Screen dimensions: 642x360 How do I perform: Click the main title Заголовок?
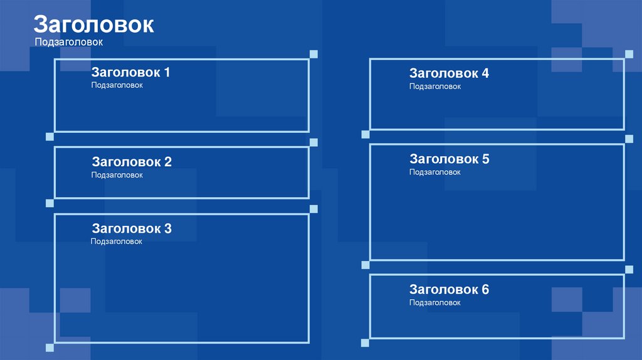tap(93, 24)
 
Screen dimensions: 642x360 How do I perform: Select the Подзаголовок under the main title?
tap(68, 42)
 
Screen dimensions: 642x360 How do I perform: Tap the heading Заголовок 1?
tap(130, 72)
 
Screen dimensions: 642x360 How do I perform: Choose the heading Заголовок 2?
tap(132, 162)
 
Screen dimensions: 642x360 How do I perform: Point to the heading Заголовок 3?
tap(132, 229)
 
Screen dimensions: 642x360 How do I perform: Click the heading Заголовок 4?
tap(449, 73)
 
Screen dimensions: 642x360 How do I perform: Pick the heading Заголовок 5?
tap(449, 159)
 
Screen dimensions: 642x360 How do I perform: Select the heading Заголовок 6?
tap(449, 290)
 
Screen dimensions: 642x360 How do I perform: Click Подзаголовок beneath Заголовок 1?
tap(117, 85)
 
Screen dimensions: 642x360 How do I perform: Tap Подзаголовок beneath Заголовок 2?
tap(117, 175)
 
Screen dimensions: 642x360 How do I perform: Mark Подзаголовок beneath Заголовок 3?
tap(117, 241)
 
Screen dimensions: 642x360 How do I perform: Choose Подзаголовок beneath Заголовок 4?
tap(435, 87)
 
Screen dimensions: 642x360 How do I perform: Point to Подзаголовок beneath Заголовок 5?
tap(435, 172)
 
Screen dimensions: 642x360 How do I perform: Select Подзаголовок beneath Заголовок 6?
tap(435, 303)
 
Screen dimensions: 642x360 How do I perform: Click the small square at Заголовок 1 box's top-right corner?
tap(313, 54)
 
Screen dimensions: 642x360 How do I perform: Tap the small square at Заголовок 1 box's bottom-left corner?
tap(50, 136)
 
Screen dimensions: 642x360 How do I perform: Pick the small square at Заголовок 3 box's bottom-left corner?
tap(50, 347)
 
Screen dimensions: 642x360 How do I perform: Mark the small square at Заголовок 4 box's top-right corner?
tap(629, 53)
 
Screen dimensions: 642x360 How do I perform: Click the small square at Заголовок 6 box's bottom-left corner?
tap(365, 342)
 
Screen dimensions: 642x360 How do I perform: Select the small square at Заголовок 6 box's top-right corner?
tap(629, 269)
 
